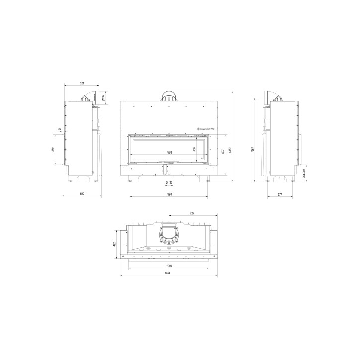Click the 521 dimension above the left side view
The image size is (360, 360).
(x=82, y=83)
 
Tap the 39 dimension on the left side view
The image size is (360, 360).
(x=59, y=129)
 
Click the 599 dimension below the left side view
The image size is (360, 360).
(x=82, y=193)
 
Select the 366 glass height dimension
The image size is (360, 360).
(x=194, y=149)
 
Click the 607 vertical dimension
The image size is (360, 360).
(x=224, y=152)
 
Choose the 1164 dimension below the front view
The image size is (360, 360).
(x=169, y=193)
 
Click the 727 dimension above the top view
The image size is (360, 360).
(x=192, y=213)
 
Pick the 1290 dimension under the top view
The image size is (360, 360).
(x=169, y=266)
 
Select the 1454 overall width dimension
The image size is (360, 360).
(x=169, y=275)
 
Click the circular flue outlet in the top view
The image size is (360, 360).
(x=169, y=234)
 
